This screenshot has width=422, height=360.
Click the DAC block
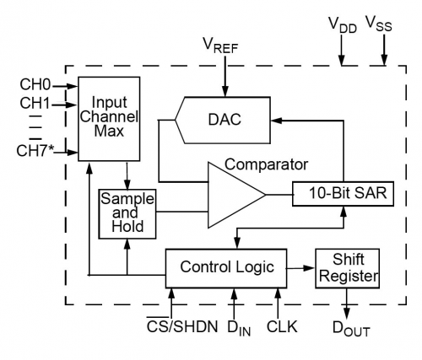click(223, 121)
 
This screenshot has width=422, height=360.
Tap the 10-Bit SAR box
click(343, 194)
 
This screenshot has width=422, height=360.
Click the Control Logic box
click(226, 268)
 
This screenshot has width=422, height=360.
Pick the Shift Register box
click(347, 268)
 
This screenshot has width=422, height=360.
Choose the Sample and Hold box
click(127, 214)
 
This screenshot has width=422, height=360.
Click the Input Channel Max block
click(109, 119)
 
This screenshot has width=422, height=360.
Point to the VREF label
click(220, 46)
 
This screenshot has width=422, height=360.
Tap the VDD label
click(343, 25)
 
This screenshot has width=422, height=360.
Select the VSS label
click(379, 24)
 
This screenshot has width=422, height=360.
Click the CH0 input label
click(35, 84)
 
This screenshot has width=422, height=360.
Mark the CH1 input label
click(35, 104)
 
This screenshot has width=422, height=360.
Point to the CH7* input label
click(35, 151)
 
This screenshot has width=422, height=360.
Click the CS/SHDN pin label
click(182, 325)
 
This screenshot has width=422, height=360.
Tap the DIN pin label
click(239, 328)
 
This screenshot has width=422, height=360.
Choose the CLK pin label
click(282, 326)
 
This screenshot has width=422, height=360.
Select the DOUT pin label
click(351, 328)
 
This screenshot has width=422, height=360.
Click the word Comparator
click(266, 164)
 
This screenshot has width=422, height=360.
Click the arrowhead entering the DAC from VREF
click(225, 92)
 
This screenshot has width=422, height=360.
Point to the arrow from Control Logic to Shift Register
click(300, 268)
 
